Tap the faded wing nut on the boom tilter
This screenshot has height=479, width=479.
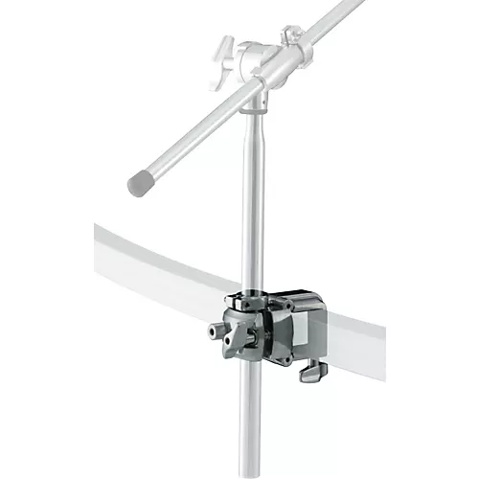tap(223, 49)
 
